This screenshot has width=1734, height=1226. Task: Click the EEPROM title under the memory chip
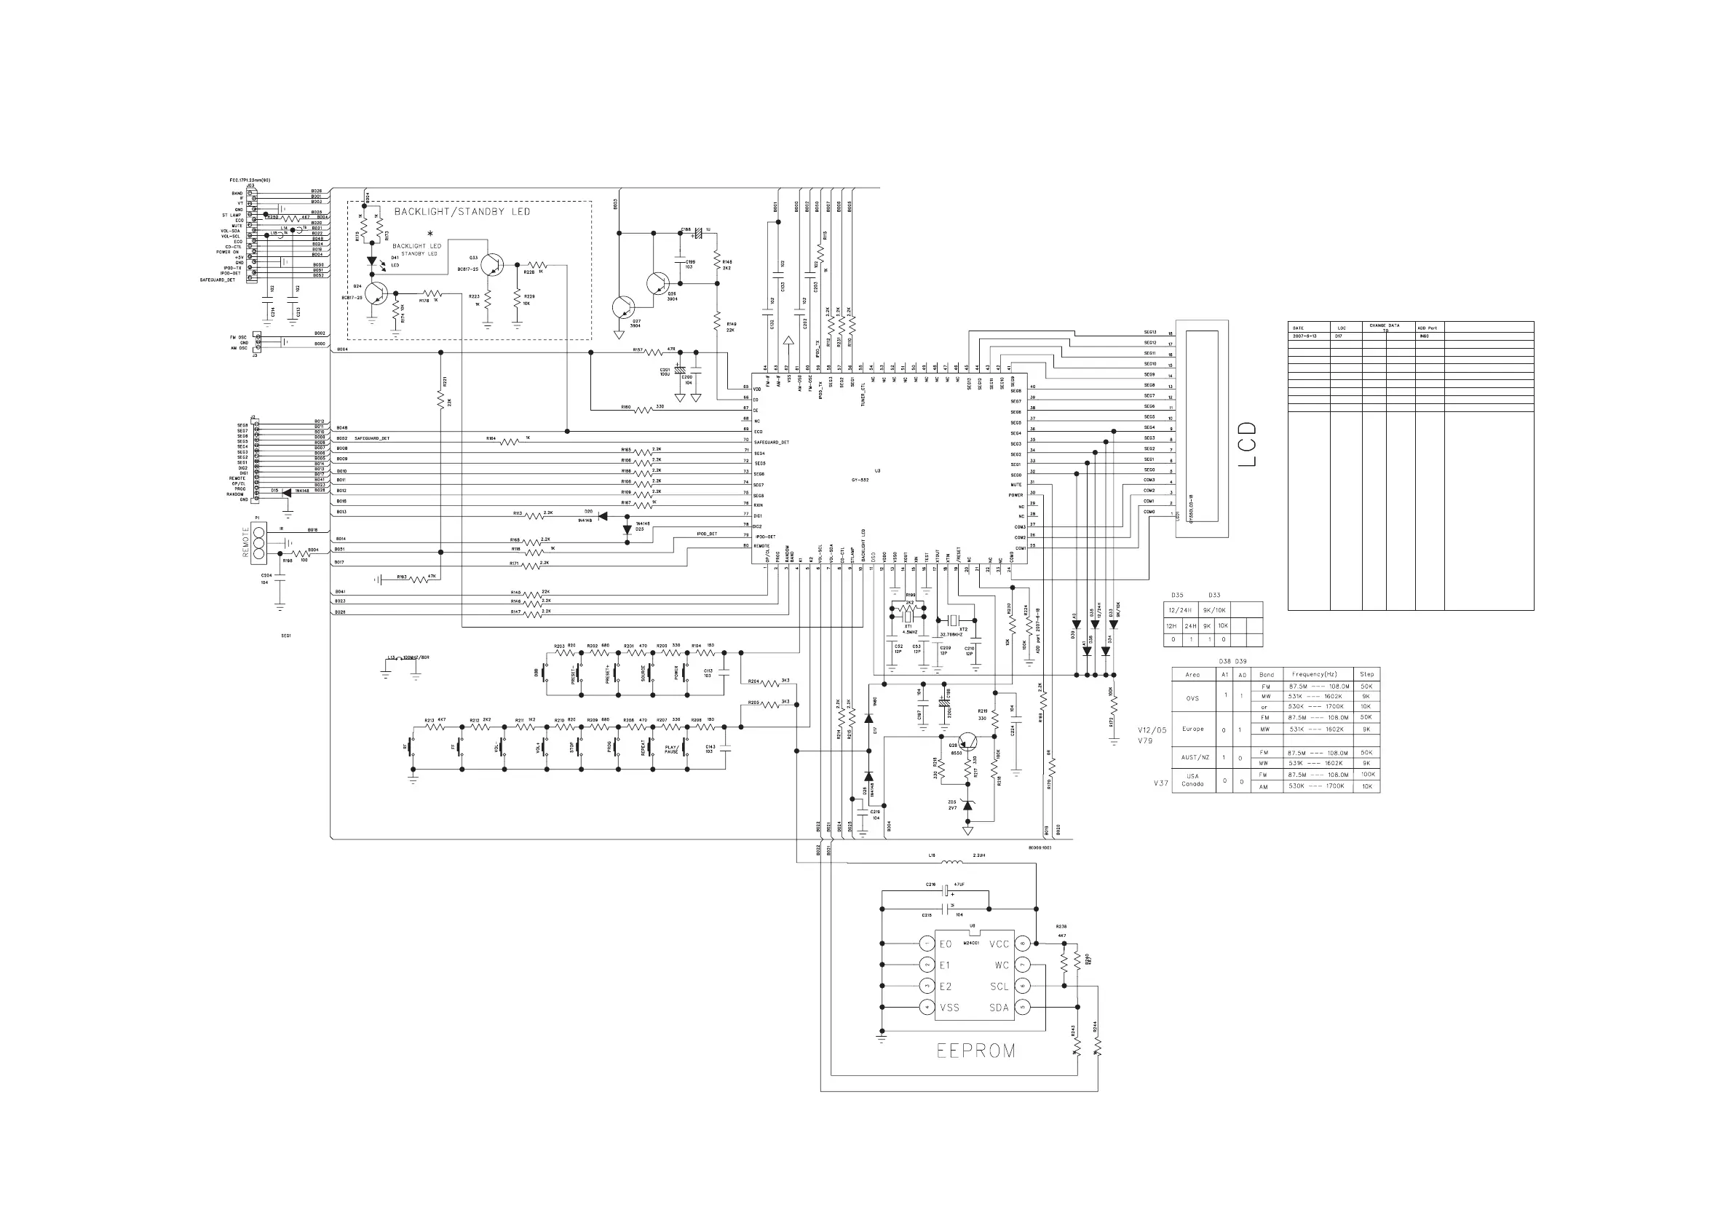tap(975, 1051)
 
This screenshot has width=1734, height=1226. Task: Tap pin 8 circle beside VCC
tap(1024, 944)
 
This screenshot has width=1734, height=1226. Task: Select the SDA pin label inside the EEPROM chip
tap(999, 1008)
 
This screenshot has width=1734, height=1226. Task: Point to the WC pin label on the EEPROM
tap(1002, 965)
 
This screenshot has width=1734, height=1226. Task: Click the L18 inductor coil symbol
tap(952, 862)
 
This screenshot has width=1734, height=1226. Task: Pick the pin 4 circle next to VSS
tap(927, 1008)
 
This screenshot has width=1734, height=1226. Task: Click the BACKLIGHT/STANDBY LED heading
tap(462, 212)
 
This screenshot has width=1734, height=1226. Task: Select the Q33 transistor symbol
tap(492, 264)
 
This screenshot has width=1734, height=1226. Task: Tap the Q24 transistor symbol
tap(376, 294)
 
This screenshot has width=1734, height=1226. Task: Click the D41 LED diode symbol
tap(371, 261)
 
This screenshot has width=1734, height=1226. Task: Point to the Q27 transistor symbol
tap(623, 307)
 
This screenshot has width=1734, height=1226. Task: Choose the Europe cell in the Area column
tap(1192, 729)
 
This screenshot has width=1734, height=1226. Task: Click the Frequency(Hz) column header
tap(1315, 674)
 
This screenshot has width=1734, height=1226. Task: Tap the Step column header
tap(1366, 674)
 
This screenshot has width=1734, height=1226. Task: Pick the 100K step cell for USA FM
tap(1367, 775)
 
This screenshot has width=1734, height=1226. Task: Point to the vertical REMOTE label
tap(245, 542)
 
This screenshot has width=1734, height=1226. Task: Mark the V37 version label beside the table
tap(1160, 783)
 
